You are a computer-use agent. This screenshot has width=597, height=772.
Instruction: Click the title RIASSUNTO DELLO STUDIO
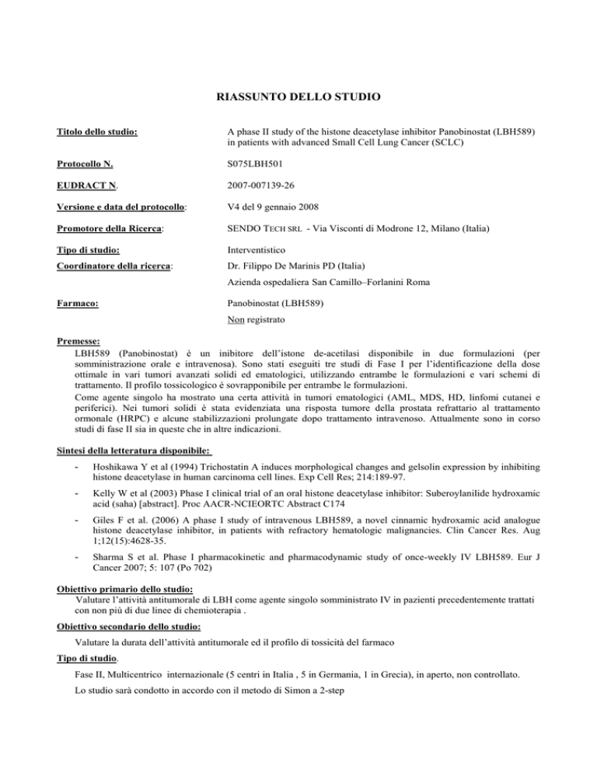(x=298, y=98)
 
